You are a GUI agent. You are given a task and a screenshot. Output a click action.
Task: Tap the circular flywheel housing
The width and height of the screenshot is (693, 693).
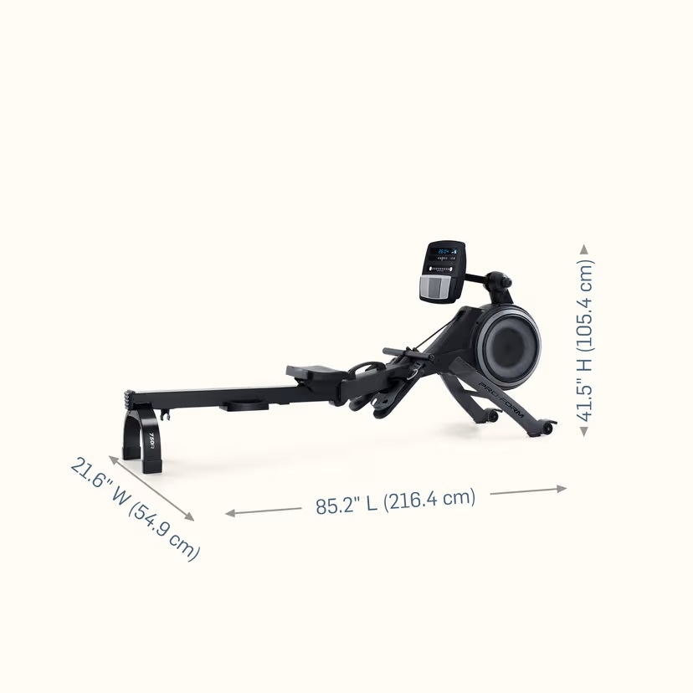[508, 341]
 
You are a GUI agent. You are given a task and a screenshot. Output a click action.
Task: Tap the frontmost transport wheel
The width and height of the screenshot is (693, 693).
[547, 428]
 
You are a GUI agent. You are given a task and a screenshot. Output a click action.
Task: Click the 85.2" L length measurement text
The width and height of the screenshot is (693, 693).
[395, 501]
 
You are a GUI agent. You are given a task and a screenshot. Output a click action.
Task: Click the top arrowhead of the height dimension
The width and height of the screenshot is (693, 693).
[584, 249]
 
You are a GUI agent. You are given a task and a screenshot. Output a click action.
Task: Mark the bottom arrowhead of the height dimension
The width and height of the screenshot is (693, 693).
[584, 431]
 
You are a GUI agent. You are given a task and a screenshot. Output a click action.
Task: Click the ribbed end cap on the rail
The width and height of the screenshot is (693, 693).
[130, 395]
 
